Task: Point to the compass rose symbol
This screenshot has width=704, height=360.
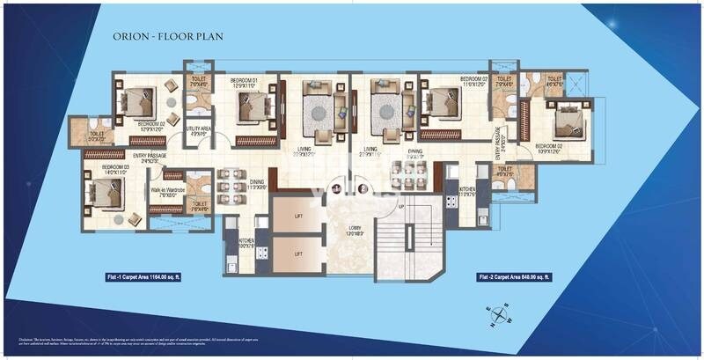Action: point(499,312)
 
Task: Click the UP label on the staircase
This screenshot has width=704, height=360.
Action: point(401,206)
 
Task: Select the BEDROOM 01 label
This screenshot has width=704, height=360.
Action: point(244,82)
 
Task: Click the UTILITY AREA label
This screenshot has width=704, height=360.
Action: point(198,130)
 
